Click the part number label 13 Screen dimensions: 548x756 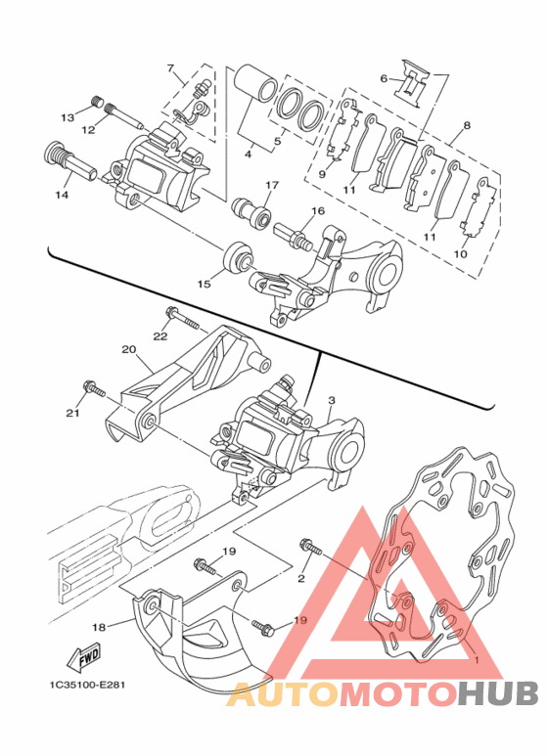click(x=68, y=117)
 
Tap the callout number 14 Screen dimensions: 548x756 click(x=62, y=195)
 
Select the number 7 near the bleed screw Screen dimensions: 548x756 click(x=170, y=68)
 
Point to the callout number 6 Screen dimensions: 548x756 click(x=384, y=78)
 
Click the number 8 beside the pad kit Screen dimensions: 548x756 click(x=467, y=126)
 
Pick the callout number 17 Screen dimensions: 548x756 click(x=272, y=185)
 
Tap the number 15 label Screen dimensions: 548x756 click(x=205, y=284)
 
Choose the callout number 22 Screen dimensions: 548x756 click(x=160, y=336)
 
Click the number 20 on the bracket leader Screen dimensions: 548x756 click(x=129, y=349)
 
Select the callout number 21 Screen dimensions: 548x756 click(x=73, y=413)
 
